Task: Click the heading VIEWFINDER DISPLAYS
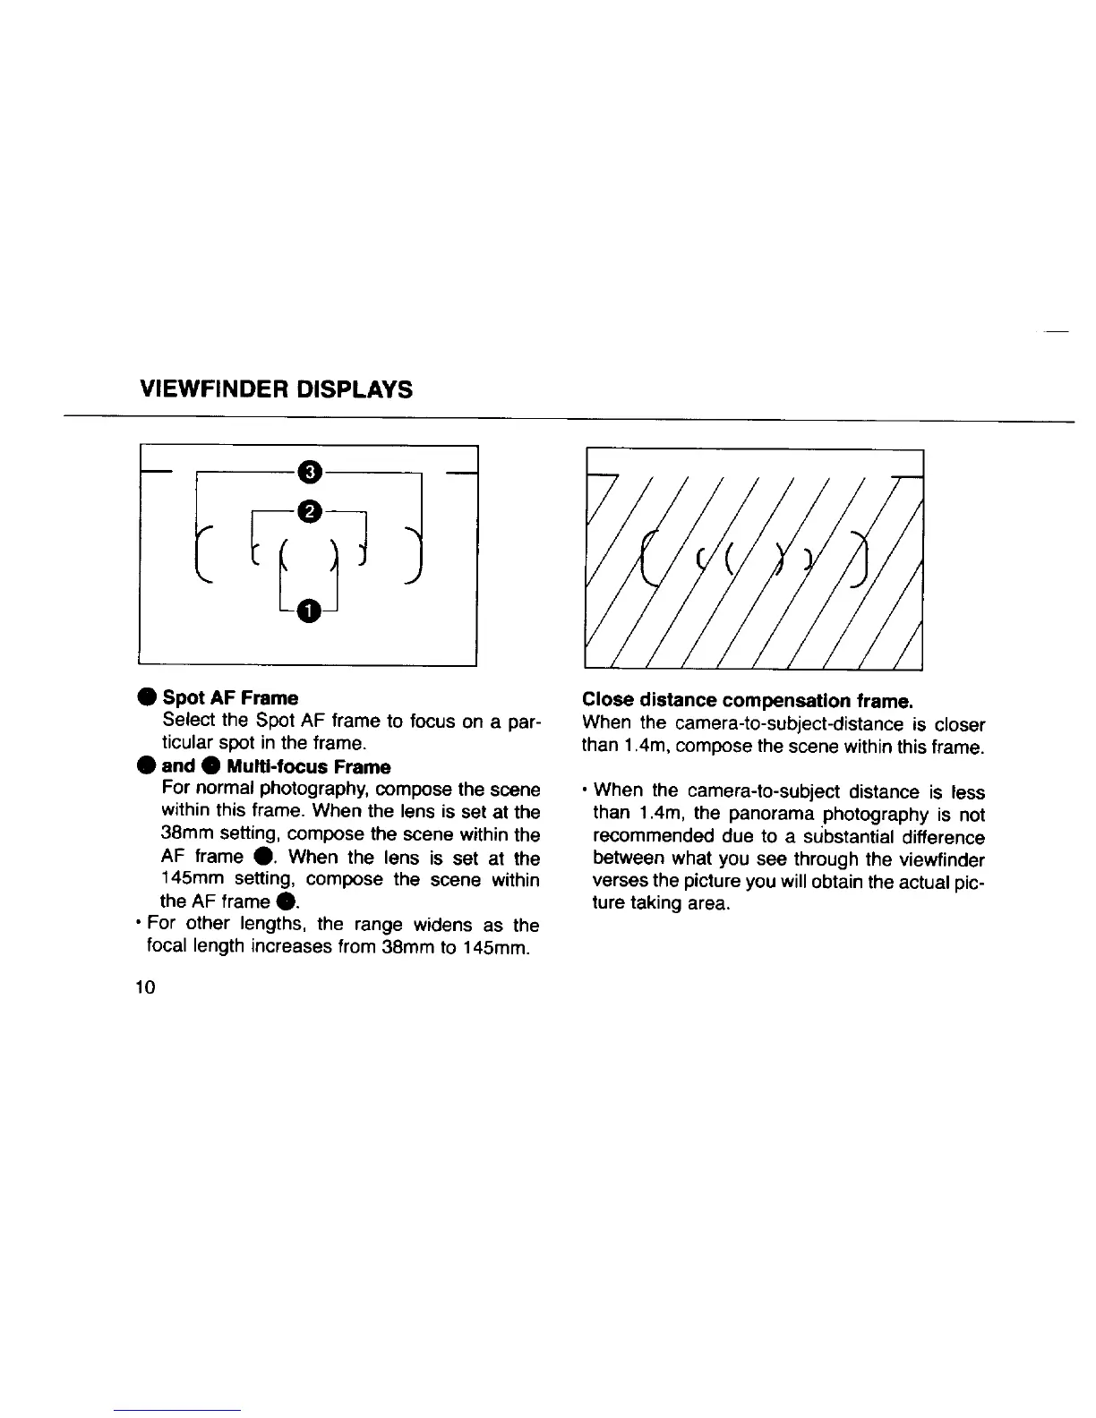(277, 389)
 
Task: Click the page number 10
(146, 987)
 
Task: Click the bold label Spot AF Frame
(230, 697)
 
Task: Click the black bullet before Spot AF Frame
(145, 698)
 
